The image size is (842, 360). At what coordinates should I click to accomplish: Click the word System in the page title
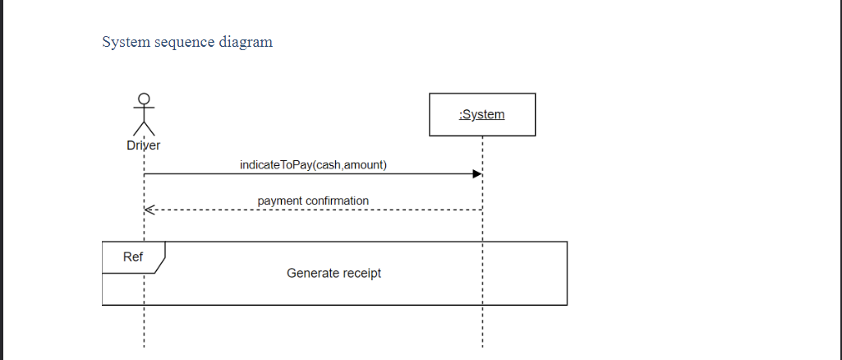(127, 42)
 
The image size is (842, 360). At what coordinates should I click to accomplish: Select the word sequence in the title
(185, 42)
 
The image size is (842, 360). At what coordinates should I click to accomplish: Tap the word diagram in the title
(246, 42)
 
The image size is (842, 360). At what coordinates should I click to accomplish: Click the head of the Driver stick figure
(145, 99)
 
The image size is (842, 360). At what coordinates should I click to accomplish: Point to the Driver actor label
(144, 145)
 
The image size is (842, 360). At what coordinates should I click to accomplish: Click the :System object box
(482, 114)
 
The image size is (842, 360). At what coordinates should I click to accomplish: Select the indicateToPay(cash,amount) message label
(313, 165)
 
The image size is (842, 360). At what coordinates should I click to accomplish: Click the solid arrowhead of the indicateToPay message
(477, 174)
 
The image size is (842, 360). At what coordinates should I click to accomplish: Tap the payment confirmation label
(313, 201)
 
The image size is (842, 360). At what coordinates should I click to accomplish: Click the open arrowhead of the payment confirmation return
(148, 210)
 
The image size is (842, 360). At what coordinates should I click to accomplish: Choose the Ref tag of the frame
(133, 257)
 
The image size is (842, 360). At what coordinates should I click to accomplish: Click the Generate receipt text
(334, 273)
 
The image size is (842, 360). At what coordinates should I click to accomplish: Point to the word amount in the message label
(363, 165)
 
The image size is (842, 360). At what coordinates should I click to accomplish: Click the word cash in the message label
(328, 165)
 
